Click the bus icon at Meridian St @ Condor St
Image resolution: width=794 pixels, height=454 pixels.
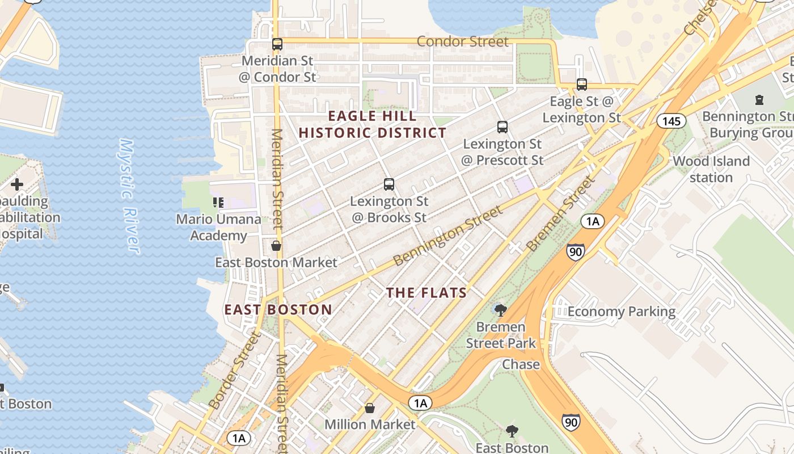click(x=277, y=44)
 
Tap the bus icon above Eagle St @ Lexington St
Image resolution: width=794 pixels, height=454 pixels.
click(x=582, y=85)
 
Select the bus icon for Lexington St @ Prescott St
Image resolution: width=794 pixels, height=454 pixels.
click(x=502, y=127)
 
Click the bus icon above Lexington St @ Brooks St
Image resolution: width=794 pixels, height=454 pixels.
click(x=388, y=184)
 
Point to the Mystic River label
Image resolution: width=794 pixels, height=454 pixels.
click(x=129, y=196)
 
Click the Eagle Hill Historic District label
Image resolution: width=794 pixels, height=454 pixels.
click(x=373, y=124)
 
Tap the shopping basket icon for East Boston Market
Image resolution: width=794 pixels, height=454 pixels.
click(x=276, y=245)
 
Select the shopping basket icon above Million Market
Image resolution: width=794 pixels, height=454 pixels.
click(x=370, y=407)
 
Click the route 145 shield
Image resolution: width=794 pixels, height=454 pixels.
click(x=671, y=121)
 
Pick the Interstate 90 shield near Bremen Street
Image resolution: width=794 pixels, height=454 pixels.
click(x=575, y=251)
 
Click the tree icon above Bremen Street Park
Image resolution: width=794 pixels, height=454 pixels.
click(x=500, y=310)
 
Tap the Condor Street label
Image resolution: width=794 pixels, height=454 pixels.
click(x=463, y=41)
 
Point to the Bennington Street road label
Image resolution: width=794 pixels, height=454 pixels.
click(x=447, y=236)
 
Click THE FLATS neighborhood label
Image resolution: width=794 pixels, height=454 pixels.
click(x=426, y=293)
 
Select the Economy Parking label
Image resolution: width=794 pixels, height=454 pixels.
click(x=622, y=312)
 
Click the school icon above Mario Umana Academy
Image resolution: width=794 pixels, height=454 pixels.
click(x=218, y=202)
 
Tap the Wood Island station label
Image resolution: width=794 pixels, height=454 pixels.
click(x=711, y=169)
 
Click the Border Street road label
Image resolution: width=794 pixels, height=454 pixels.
click(x=235, y=370)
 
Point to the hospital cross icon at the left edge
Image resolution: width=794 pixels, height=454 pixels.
click(x=17, y=184)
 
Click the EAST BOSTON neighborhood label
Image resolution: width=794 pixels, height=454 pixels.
click(x=278, y=309)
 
